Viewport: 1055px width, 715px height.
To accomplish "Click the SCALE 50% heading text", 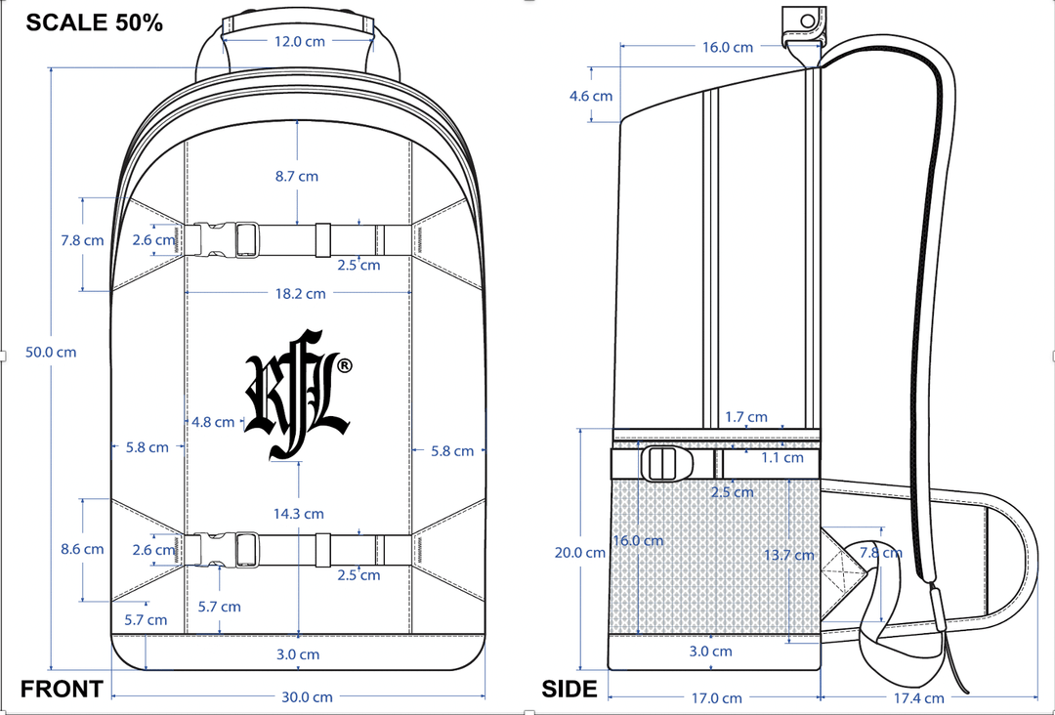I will pos(94,23).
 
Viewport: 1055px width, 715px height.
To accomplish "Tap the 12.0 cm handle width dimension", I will pos(299,42).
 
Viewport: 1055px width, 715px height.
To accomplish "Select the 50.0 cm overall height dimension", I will pos(51,353).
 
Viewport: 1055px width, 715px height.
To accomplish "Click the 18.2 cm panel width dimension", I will pos(300,293).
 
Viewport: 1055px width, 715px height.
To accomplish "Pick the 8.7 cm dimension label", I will pos(296,177).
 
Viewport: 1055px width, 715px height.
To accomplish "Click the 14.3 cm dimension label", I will pos(298,514).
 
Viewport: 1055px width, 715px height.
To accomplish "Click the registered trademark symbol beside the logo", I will pos(344,365).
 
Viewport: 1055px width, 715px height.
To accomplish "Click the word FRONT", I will pos(62,689).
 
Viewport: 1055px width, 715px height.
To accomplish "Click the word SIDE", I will pos(570,689).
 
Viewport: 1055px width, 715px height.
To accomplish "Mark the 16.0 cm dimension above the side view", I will pos(728,47).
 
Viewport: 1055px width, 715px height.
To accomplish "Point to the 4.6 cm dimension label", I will pos(591,96).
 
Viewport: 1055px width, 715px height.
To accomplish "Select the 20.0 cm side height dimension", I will pos(580,552).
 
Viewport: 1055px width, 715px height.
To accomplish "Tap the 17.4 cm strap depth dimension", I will pos(918,697).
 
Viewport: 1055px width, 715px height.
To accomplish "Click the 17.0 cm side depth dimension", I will pos(716,697).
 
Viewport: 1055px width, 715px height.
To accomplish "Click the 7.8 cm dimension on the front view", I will pos(82,240).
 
